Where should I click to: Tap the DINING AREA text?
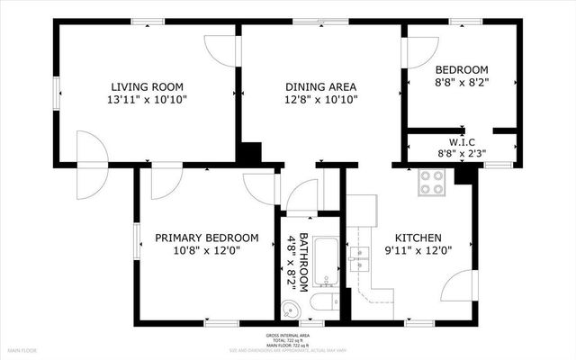click(320, 86)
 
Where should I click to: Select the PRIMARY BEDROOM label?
click(206, 238)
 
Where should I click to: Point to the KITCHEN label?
click(418, 238)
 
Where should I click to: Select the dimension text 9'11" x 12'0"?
click(418, 251)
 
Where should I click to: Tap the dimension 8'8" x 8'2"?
click(461, 83)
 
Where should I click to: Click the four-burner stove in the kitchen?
click(432, 183)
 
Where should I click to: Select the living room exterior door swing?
click(88, 164)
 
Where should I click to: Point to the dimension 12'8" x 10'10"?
click(320, 100)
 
